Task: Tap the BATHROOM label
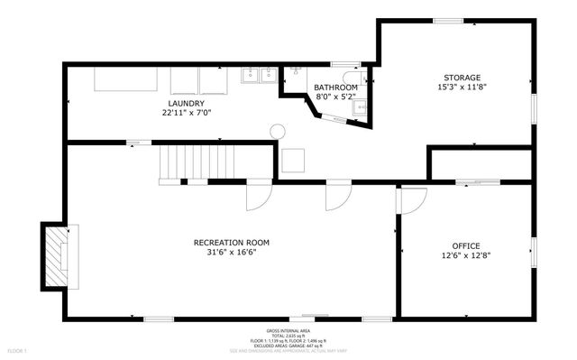(x=335, y=87)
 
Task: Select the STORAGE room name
(x=461, y=78)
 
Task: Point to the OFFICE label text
(x=465, y=245)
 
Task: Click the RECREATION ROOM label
(x=231, y=242)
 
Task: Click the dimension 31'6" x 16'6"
(x=231, y=254)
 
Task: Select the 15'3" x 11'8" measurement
(x=461, y=88)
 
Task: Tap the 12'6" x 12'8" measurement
(x=465, y=255)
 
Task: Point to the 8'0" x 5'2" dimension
(x=335, y=97)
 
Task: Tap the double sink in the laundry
(x=259, y=76)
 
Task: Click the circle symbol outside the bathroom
(x=278, y=131)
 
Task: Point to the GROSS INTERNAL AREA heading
(x=288, y=331)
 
